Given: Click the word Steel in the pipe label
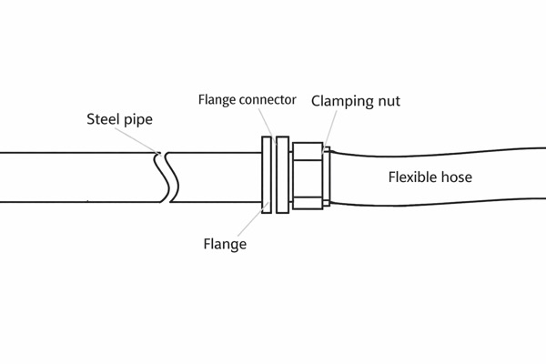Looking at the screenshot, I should pos(103,120).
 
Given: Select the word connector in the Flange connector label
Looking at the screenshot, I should pos(269,99).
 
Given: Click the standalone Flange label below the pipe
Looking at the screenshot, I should pos(225,244).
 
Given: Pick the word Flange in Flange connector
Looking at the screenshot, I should pos(218,98).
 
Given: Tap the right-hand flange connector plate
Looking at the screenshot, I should pos(282,176).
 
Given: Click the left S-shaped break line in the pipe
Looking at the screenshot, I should pos(160,176).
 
